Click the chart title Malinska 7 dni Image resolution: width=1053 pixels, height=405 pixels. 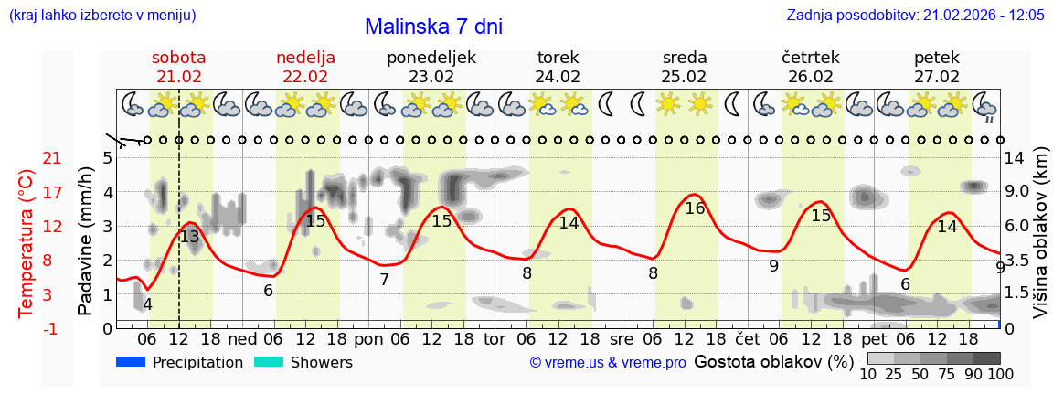pos(433,27)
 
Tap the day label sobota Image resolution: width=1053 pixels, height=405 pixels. pos(179,58)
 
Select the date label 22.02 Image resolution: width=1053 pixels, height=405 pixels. pos(305,77)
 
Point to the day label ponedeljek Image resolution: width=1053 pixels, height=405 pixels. pos(431,58)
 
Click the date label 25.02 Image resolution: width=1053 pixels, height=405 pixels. pos(685,77)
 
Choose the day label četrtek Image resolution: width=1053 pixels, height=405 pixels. pos(811,58)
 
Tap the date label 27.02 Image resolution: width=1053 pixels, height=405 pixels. pos(937,77)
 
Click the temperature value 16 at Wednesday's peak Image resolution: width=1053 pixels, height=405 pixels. pos(695,208)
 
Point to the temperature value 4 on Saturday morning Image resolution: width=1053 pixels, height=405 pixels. pos(147,304)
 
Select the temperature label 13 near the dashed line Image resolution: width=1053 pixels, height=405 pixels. pos(189,237)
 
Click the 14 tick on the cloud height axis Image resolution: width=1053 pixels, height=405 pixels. pos(1015,158)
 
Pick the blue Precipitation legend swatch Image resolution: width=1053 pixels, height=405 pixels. pos(132,362)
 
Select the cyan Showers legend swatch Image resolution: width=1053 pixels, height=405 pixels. pos(269,362)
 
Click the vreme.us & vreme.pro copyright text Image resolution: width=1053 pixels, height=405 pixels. pos(608,363)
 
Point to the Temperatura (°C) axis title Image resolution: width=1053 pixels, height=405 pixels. pos(27,243)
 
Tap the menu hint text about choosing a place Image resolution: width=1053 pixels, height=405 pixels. pos(101,16)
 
